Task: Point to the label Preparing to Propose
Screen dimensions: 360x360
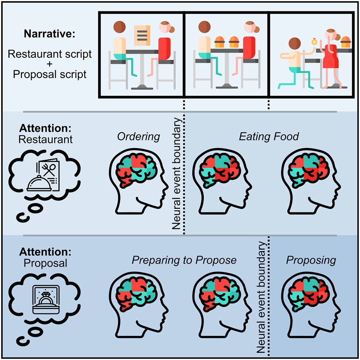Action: coord(184,260)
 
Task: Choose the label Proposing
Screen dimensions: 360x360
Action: coord(311,260)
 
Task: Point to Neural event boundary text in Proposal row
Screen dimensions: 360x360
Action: coord(262,296)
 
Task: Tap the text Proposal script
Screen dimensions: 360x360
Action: coord(50,74)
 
